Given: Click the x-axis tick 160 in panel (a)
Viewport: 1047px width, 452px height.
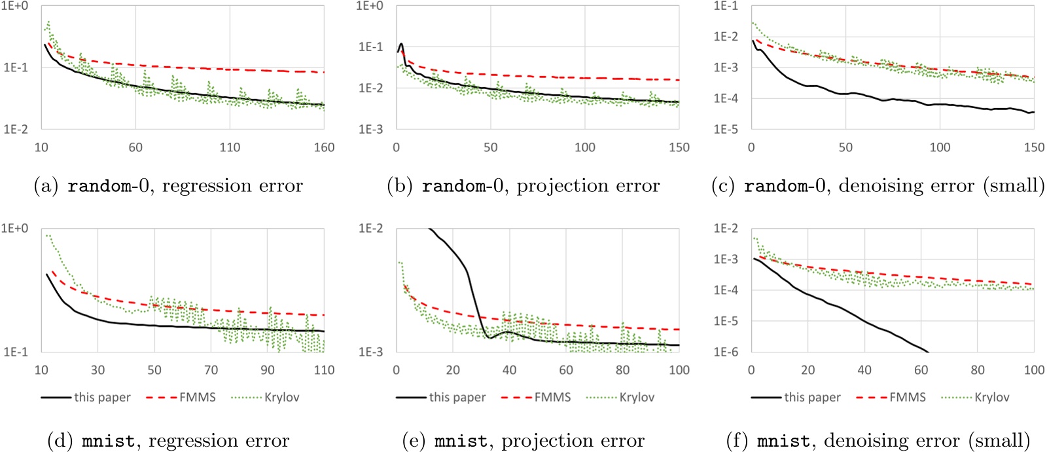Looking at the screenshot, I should [x=324, y=147].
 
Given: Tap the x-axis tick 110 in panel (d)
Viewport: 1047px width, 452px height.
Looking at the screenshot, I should [x=324, y=370].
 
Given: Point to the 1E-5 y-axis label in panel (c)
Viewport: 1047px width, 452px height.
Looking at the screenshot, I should [x=725, y=129].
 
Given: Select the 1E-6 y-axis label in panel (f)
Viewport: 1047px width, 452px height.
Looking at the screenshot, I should [x=725, y=352].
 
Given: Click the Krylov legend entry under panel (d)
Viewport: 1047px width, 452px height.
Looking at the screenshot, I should [x=281, y=397].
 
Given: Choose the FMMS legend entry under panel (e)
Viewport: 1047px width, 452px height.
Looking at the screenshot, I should [x=552, y=397].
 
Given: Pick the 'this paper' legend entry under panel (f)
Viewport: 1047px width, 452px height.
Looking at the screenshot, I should [x=812, y=397].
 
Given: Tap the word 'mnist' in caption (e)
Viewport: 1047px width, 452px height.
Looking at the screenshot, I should [x=461, y=441].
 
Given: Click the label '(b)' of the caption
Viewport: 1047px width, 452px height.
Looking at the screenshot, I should [x=400, y=186].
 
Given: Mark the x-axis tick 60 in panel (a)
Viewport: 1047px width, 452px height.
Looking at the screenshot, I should [x=135, y=147].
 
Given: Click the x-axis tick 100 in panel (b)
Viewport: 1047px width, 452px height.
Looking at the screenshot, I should [x=584, y=147].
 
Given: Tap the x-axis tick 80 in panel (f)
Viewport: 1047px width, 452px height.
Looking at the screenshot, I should [x=978, y=370].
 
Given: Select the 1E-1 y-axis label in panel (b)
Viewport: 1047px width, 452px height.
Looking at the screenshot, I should [x=370, y=47].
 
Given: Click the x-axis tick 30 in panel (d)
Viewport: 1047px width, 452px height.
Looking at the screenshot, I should [x=98, y=370].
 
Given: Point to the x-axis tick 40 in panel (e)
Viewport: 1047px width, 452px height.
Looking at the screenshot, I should [x=509, y=370].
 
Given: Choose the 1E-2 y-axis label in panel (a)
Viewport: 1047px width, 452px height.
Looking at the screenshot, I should [x=16, y=129].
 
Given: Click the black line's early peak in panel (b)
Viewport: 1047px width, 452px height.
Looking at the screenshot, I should [x=401, y=45].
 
